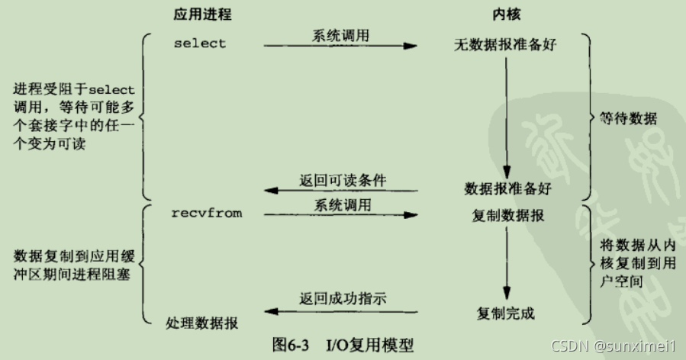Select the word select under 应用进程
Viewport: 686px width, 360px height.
(x=200, y=43)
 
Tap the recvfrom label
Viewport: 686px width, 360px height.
(x=207, y=214)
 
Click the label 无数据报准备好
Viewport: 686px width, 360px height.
(x=505, y=45)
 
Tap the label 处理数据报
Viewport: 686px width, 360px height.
(x=201, y=323)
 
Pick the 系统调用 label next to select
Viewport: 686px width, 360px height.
(x=340, y=34)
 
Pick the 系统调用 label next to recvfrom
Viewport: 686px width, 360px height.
(x=341, y=204)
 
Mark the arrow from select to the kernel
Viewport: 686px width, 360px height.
(x=341, y=47)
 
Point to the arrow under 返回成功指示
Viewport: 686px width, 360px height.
(x=341, y=312)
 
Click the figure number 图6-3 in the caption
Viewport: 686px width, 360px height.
(x=290, y=345)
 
